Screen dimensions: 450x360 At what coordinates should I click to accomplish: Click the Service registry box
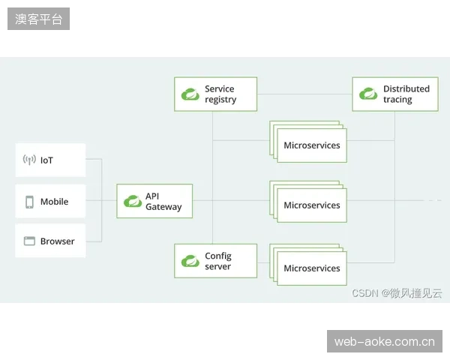tap(215, 94)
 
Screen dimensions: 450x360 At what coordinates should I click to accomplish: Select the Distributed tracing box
tap(395, 94)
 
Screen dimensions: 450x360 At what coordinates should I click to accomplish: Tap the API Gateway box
tap(154, 201)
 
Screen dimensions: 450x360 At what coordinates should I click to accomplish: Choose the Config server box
tap(215, 261)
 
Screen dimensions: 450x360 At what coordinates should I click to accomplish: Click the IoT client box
tap(50, 160)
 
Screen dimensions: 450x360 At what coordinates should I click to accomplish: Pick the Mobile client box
tap(50, 201)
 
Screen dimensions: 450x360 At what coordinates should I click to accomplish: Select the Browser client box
tap(50, 241)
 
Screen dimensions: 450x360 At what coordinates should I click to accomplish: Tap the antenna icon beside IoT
tap(29, 160)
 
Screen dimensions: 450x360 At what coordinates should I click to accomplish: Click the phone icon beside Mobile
tap(29, 202)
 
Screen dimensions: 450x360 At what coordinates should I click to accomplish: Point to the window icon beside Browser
tap(29, 241)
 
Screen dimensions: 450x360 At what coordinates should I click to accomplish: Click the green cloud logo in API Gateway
tap(133, 201)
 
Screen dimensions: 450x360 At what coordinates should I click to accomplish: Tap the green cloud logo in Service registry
tap(190, 94)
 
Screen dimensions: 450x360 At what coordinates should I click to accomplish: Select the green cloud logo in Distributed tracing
tap(368, 94)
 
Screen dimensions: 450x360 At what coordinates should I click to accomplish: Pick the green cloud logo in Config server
tap(190, 261)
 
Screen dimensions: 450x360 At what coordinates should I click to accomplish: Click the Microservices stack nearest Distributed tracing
tap(308, 142)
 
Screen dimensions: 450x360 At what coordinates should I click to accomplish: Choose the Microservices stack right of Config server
tap(308, 265)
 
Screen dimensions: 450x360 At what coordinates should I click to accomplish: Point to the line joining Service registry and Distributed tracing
tap(304, 94)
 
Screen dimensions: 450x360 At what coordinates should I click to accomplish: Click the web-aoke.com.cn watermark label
tap(385, 341)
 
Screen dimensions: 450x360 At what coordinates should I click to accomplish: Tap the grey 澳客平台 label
tap(38, 19)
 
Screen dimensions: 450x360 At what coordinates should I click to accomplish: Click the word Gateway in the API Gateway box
tap(163, 207)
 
